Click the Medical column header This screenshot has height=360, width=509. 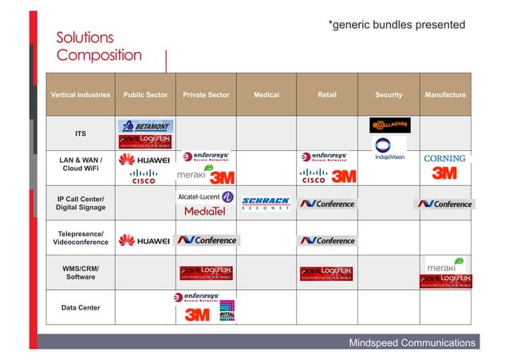point(266,95)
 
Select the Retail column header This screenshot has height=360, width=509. point(327,95)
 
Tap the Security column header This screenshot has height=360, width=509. point(389,95)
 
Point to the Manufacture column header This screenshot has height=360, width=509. point(445,95)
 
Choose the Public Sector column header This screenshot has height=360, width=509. point(145,95)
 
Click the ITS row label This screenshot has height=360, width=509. point(81,133)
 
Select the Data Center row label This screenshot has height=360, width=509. point(81,307)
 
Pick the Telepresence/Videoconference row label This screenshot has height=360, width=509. point(81,238)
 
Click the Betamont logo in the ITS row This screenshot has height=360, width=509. point(146,126)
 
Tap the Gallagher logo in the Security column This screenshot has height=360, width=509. point(390,125)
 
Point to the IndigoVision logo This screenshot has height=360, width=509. point(390,148)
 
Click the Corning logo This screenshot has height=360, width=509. point(444,159)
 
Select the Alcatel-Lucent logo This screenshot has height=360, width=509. point(205,196)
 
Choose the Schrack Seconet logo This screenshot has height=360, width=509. point(266,204)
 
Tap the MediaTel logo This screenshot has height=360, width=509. point(205,212)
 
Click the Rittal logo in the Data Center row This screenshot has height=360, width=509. point(227,311)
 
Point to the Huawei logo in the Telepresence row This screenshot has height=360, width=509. point(145,240)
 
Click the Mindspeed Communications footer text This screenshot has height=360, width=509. point(412,343)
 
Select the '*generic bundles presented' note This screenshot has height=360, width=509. point(397,25)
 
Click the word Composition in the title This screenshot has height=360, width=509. point(99,56)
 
